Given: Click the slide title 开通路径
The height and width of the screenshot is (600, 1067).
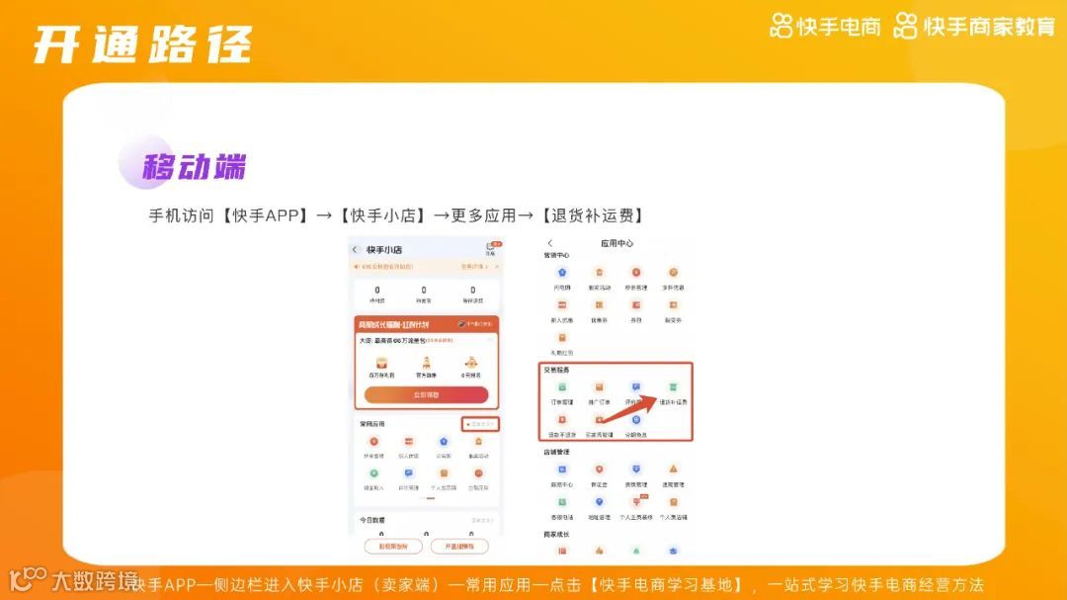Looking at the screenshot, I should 141,44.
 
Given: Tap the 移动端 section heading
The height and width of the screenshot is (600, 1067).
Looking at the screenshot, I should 193,166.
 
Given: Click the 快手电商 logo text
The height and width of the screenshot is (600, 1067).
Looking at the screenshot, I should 826,27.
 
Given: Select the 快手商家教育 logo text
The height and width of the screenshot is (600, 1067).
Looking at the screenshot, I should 975,27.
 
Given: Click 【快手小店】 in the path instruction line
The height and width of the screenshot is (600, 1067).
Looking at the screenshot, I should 382,215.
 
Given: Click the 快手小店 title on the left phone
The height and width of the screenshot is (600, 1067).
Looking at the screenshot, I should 384,250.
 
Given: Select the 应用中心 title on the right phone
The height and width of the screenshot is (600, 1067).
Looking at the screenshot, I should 616,243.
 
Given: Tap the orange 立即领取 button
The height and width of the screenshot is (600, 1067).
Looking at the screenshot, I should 426,394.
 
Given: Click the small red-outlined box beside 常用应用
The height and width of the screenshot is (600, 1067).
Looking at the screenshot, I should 480,424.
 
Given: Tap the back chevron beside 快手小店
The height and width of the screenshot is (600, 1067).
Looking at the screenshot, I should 355,250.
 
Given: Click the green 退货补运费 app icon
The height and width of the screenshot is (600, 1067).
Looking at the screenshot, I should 674,388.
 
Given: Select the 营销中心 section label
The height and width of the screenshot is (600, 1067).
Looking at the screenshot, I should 556,255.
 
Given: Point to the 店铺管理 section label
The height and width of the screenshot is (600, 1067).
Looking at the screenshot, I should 556,452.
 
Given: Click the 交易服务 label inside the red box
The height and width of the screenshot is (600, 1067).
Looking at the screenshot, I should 556,370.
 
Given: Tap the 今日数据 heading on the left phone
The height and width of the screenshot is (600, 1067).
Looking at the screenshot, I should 373,519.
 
